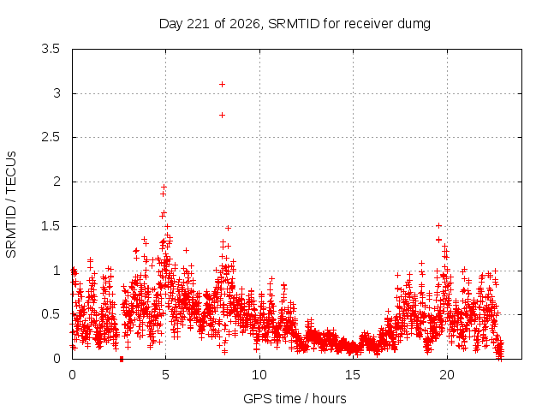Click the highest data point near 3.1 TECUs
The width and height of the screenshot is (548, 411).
click(x=222, y=84)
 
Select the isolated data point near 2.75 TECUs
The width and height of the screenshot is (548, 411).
click(x=222, y=115)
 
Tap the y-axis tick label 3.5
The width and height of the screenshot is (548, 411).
click(x=51, y=49)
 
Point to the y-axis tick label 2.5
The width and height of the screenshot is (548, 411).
click(x=51, y=137)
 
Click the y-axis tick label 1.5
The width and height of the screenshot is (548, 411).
click(x=51, y=226)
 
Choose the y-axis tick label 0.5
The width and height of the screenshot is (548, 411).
click(x=51, y=314)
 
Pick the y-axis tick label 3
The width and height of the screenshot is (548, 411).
click(x=57, y=93)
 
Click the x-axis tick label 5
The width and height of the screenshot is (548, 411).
click(x=165, y=375)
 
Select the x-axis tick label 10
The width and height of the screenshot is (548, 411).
click(x=259, y=375)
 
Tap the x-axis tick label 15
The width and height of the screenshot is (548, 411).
click(x=353, y=375)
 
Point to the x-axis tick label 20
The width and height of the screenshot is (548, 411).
click(x=447, y=375)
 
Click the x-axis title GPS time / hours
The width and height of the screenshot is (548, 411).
click(x=295, y=398)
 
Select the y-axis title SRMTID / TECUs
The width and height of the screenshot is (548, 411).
click(x=11, y=205)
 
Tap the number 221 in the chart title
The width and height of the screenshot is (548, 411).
click(x=198, y=24)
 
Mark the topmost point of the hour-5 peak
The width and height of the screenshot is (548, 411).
click(x=164, y=187)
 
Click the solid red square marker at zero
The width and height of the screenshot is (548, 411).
click(x=122, y=360)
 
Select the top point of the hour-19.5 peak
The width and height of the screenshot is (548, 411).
click(x=439, y=226)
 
